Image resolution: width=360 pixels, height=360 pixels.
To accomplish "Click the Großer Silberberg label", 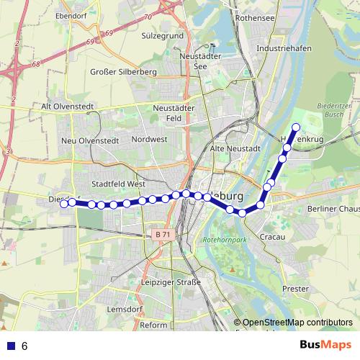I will [124, 72].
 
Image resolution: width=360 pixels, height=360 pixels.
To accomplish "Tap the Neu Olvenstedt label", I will [89, 140].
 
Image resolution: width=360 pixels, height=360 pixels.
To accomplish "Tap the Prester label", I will [296, 289].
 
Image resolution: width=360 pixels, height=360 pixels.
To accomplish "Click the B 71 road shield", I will [163, 235].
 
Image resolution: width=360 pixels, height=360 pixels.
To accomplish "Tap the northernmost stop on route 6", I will [295, 128].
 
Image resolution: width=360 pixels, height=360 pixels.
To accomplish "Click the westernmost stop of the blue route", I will [64, 204].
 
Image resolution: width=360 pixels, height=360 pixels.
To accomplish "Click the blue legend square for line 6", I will [9, 346].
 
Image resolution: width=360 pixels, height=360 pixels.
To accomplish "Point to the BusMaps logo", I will [325, 346].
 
